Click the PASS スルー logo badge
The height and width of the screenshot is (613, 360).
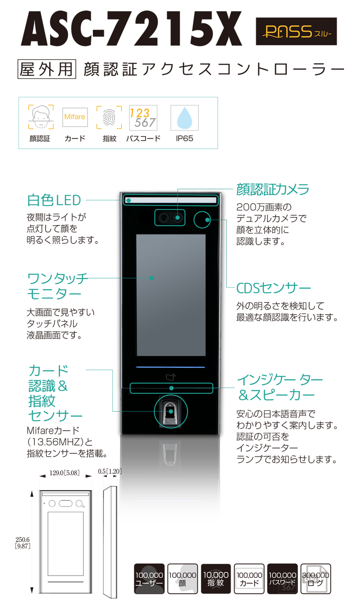tap(296, 31)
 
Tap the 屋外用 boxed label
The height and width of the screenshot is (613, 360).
tap(47, 69)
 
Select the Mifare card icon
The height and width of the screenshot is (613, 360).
tap(75, 117)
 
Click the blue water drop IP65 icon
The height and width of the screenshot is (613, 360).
tap(185, 118)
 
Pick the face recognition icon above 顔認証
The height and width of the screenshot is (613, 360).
tap(41, 117)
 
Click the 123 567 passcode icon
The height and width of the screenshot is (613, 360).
tap(143, 118)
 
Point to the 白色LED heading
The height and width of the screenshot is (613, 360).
tap(54, 200)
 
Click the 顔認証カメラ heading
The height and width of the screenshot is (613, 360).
tap(273, 189)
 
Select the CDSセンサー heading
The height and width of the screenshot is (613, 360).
tap(274, 288)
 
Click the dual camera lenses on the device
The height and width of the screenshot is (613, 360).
tap(170, 218)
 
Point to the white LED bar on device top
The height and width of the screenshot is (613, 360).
tap(170, 200)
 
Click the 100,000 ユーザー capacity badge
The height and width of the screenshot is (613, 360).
tap(149, 579)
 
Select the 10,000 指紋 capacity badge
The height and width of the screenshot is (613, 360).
tap(216, 579)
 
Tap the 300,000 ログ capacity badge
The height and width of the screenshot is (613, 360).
tap(316, 579)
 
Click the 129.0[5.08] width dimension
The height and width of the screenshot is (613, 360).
tap(64, 473)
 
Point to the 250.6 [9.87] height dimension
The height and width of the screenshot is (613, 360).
tap(22, 543)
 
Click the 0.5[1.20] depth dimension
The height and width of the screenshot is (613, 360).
tap(110, 471)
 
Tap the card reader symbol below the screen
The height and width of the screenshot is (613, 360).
tap(171, 377)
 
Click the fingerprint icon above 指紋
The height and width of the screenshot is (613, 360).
tap(109, 117)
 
